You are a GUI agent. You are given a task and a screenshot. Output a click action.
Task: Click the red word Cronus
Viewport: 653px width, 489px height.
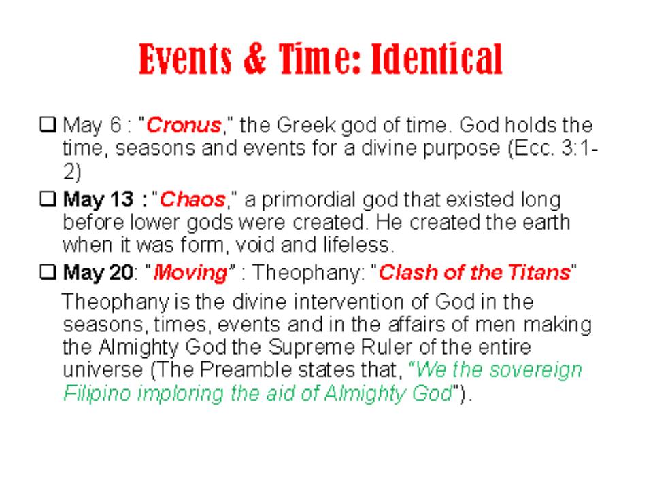tap(184, 125)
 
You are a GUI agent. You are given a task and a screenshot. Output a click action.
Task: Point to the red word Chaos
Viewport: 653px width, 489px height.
tap(192, 200)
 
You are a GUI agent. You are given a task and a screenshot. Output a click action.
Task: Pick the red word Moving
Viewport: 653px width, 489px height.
tap(190, 273)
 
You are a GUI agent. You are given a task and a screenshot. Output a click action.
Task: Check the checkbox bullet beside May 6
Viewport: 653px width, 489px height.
tap(48, 124)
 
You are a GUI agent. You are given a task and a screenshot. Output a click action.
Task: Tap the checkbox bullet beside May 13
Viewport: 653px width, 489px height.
tap(48, 199)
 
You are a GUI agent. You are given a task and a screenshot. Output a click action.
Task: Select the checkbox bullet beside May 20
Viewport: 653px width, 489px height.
tap(48, 272)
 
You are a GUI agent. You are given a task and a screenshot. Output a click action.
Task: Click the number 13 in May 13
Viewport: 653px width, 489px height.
tap(122, 200)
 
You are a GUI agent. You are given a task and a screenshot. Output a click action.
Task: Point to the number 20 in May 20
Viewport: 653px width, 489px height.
tap(121, 273)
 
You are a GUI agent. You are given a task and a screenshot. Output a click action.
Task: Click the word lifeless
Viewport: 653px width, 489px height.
tap(358, 244)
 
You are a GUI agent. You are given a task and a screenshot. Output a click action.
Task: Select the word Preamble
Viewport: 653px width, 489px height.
tap(247, 369)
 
